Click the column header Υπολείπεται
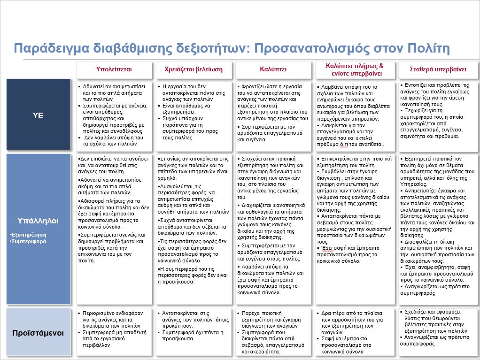(114, 69)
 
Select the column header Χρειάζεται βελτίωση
(193, 69)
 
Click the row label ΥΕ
(38, 115)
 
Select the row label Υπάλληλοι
(38, 219)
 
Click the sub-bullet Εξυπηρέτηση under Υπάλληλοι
(25, 234)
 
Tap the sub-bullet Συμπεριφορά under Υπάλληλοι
(25, 241)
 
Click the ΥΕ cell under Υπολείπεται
(114, 115)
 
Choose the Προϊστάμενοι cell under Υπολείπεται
(114, 332)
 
